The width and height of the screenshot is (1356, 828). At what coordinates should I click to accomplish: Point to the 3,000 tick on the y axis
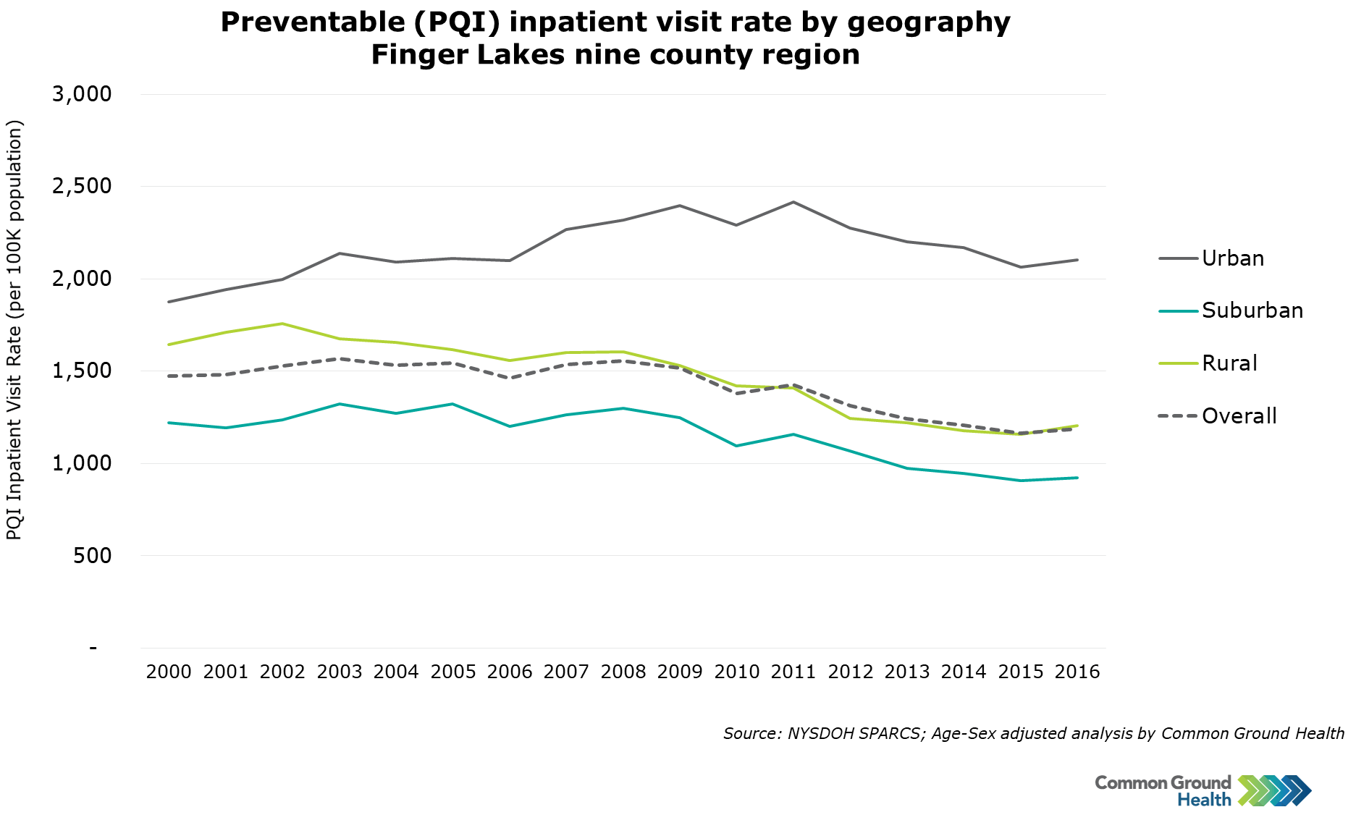82,94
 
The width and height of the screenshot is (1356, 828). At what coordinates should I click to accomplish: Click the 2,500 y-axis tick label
82,186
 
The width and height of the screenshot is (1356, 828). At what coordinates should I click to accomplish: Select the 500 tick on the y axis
92,556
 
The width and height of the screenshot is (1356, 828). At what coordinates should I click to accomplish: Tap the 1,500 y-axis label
82,371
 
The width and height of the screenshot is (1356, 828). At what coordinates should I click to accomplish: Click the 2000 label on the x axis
169,672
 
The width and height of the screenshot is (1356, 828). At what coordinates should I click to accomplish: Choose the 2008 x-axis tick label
623,672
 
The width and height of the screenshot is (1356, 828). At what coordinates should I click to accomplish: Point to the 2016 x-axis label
1077,672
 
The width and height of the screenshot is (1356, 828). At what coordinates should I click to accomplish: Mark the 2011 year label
793,672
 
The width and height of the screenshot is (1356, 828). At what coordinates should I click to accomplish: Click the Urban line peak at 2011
793,202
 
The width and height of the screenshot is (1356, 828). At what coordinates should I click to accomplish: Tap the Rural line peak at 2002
282,324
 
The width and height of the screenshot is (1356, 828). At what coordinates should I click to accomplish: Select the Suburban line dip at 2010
736,446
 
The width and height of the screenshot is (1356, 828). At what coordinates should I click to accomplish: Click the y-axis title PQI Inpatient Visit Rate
14,329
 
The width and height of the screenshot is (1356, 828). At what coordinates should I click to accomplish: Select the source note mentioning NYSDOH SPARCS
1033,734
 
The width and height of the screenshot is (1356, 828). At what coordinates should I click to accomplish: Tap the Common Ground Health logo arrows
1274,791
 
